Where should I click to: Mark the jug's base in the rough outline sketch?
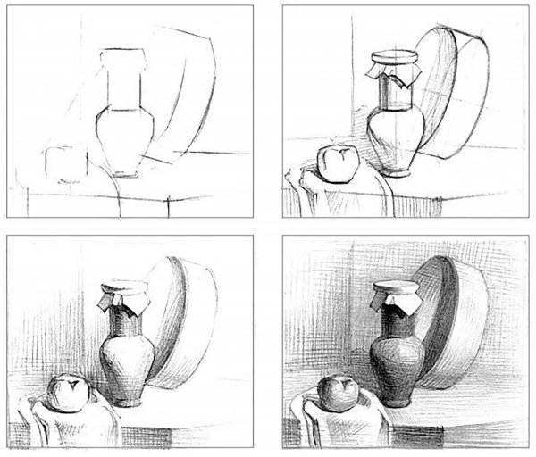click(x=122, y=170)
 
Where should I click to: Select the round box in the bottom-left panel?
click(x=179, y=330)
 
